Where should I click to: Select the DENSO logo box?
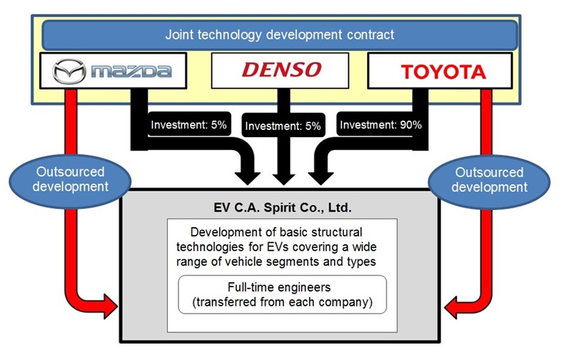pos(280,69)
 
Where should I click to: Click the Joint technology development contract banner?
pos(280,34)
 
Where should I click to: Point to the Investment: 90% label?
pos(381,125)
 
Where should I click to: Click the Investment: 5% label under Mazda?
pos(188,125)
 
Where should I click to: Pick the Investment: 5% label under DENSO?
pos(283,126)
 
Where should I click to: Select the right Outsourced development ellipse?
pos(490,179)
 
